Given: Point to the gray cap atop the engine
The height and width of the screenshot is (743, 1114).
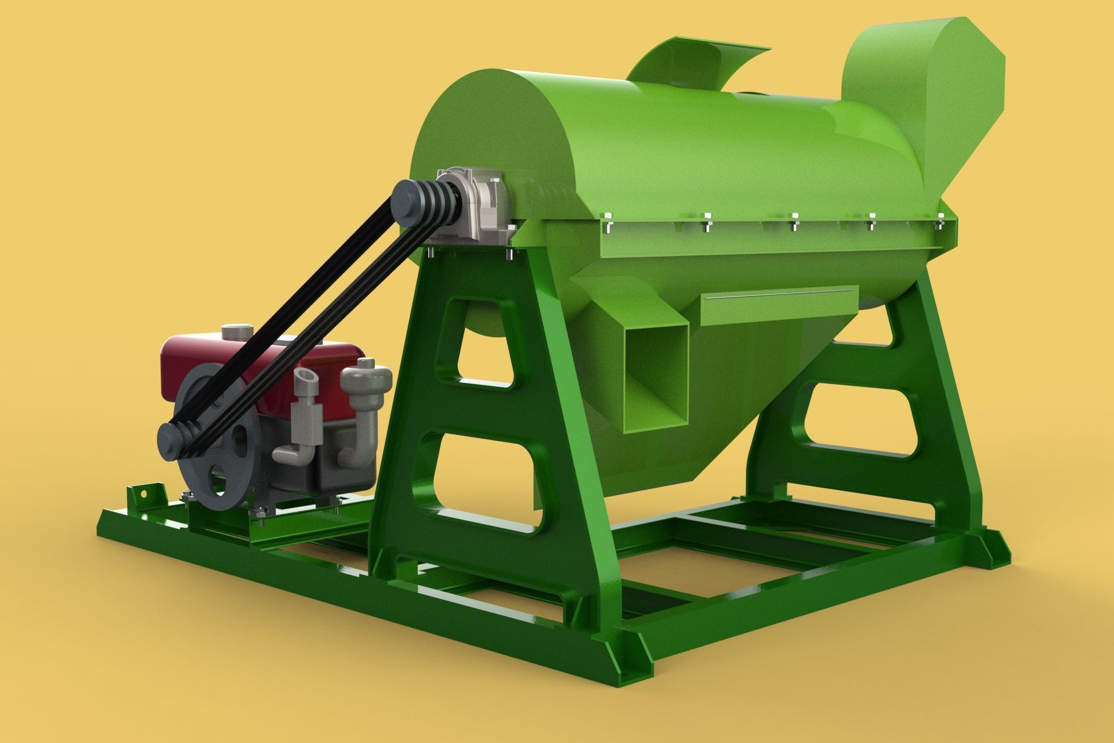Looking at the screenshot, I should point(237,331).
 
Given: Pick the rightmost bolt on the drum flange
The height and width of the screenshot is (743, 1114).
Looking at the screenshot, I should point(941,219).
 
